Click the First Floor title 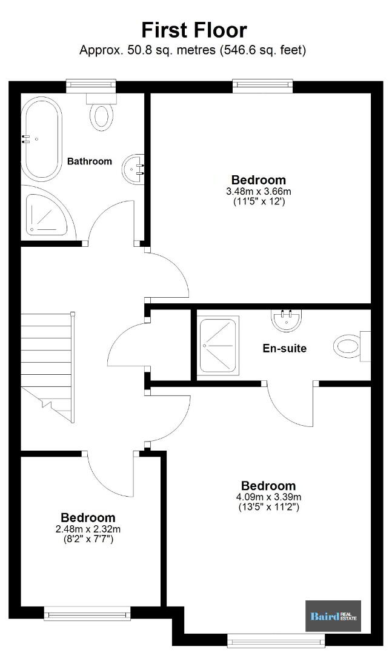(x=194, y=30)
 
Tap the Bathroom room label (x=90, y=161)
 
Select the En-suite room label (x=284, y=348)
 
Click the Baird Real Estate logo (x=333, y=616)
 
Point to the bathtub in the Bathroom (x=41, y=139)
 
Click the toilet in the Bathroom (x=101, y=112)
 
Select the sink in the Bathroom (x=133, y=169)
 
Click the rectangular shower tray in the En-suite (x=218, y=346)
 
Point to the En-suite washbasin (x=287, y=320)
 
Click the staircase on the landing (x=48, y=368)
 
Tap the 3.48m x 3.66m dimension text (x=259, y=192)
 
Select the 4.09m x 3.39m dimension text (x=268, y=497)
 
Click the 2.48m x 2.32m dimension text (x=88, y=529)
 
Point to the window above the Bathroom (x=91, y=86)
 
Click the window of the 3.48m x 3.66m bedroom (x=262, y=86)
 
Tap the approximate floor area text (x=193, y=50)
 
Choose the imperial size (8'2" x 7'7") (x=88, y=539)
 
